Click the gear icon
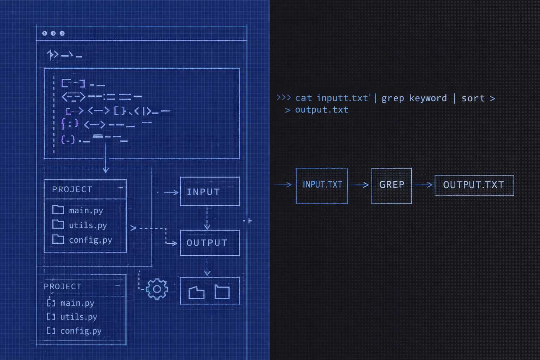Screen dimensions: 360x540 pos(157,289)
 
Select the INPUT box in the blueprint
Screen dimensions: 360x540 pos(210,192)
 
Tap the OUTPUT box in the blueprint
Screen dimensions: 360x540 pos(210,243)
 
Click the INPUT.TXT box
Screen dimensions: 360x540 pos(322,185)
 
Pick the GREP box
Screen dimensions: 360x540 pos(391,185)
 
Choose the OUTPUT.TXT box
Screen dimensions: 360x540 pos(474,185)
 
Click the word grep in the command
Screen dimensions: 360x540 pos(393,98)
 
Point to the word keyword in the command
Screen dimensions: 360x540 pos(428,98)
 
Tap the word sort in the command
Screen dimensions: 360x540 pos(473,98)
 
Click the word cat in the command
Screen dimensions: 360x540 pos(303,98)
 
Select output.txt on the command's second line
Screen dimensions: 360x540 pos(322,110)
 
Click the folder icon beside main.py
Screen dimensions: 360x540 pos(58,210)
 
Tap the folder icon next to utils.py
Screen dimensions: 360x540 pos(58,224)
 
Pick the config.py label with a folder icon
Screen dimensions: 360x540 pos(90,240)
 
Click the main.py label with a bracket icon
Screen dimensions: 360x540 pos(77,303)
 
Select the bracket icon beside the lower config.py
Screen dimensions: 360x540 pos(51,331)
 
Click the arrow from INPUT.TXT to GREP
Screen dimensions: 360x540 pos(360,185)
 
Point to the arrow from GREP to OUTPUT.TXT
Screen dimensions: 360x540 pos(423,185)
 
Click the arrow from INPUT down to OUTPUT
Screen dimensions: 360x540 pos(207,218)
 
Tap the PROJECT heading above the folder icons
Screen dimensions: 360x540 pos(72,189)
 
